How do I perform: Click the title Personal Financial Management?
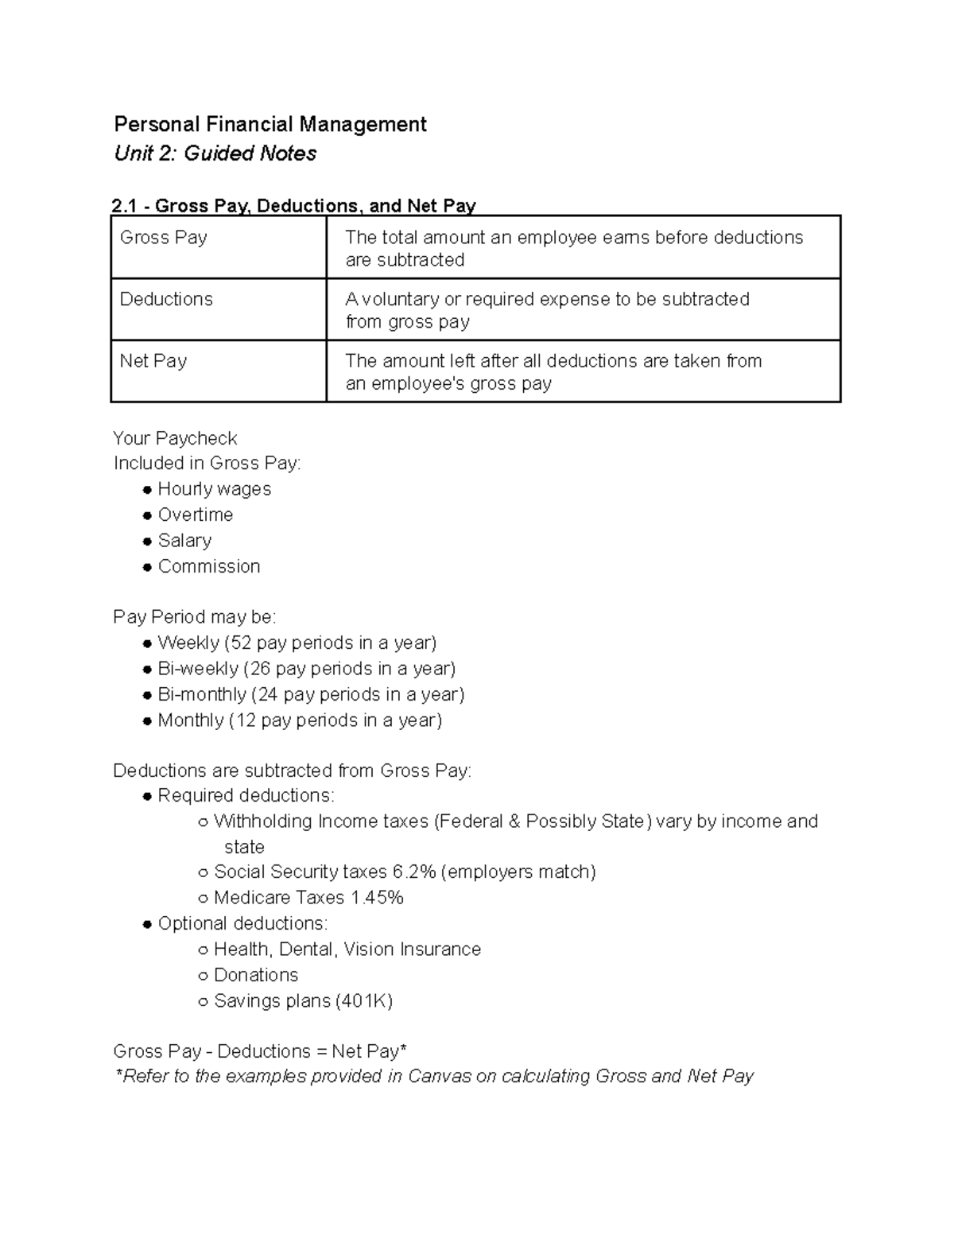click(x=270, y=125)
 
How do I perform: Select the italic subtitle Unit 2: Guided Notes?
click(x=215, y=153)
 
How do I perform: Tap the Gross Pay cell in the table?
click(x=164, y=238)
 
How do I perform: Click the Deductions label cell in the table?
click(x=166, y=299)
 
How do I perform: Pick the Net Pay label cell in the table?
click(x=153, y=361)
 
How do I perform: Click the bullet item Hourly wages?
click(x=214, y=489)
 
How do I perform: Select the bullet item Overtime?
click(x=196, y=515)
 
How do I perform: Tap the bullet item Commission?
click(x=209, y=566)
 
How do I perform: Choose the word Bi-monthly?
click(x=202, y=694)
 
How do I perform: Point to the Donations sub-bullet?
click(x=256, y=975)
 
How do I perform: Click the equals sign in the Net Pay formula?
click(x=321, y=1051)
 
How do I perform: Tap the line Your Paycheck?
click(x=175, y=439)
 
